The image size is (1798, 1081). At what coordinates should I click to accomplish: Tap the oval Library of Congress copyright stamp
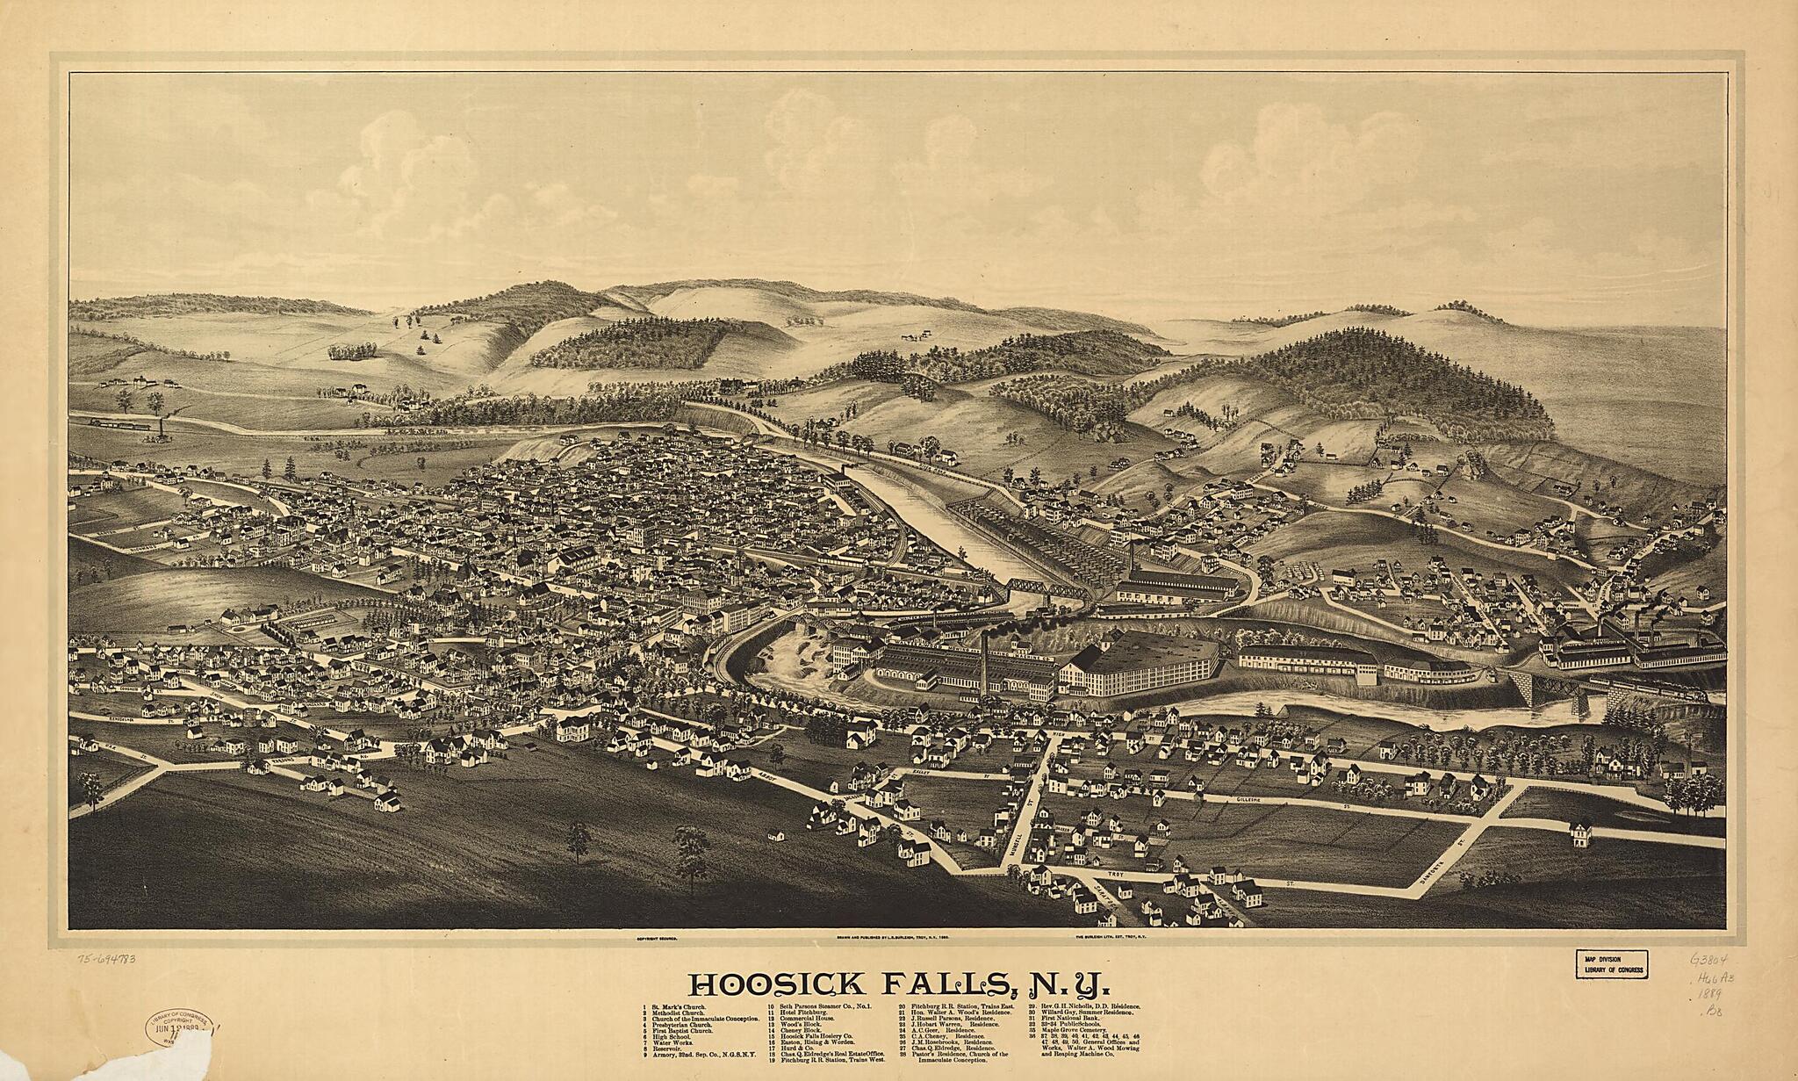point(180,1028)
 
